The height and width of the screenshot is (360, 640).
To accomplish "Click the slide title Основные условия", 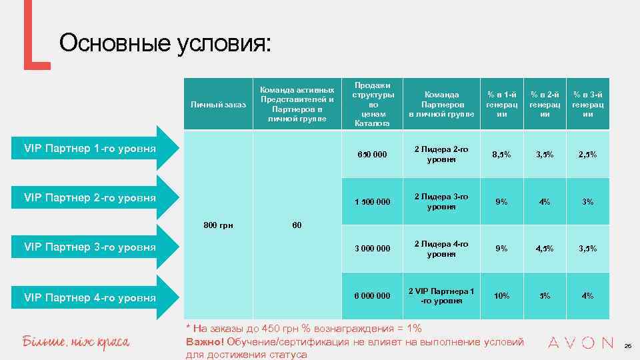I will click(x=165, y=44).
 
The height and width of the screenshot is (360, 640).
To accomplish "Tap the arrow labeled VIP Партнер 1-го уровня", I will click(x=90, y=147).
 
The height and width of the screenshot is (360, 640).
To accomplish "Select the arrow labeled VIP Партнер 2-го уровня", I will click(x=90, y=197).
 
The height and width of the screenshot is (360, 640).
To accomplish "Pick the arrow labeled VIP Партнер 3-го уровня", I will click(x=90, y=247).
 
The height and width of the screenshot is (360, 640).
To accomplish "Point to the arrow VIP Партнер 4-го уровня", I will click(x=90, y=297).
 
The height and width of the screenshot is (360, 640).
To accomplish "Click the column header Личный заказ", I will click(x=218, y=105).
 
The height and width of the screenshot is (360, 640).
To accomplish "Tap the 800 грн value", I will click(x=218, y=225).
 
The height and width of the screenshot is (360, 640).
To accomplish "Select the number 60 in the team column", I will click(x=297, y=225).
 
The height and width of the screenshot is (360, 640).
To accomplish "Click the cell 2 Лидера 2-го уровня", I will click(x=441, y=154).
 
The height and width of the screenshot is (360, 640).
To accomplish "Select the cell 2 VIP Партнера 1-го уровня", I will click(x=441, y=295).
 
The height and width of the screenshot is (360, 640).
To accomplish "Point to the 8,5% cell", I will click(x=502, y=155).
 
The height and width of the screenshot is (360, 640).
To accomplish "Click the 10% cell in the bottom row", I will click(x=502, y=295).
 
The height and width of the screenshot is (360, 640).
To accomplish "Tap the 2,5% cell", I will click(x=587, y=155).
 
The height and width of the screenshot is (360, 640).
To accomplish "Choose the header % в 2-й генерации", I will click(x=545, y=104).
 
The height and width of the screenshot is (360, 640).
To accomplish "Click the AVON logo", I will click(x=580, y=343).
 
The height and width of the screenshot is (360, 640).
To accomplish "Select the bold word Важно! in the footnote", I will click(x=205, y=342).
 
